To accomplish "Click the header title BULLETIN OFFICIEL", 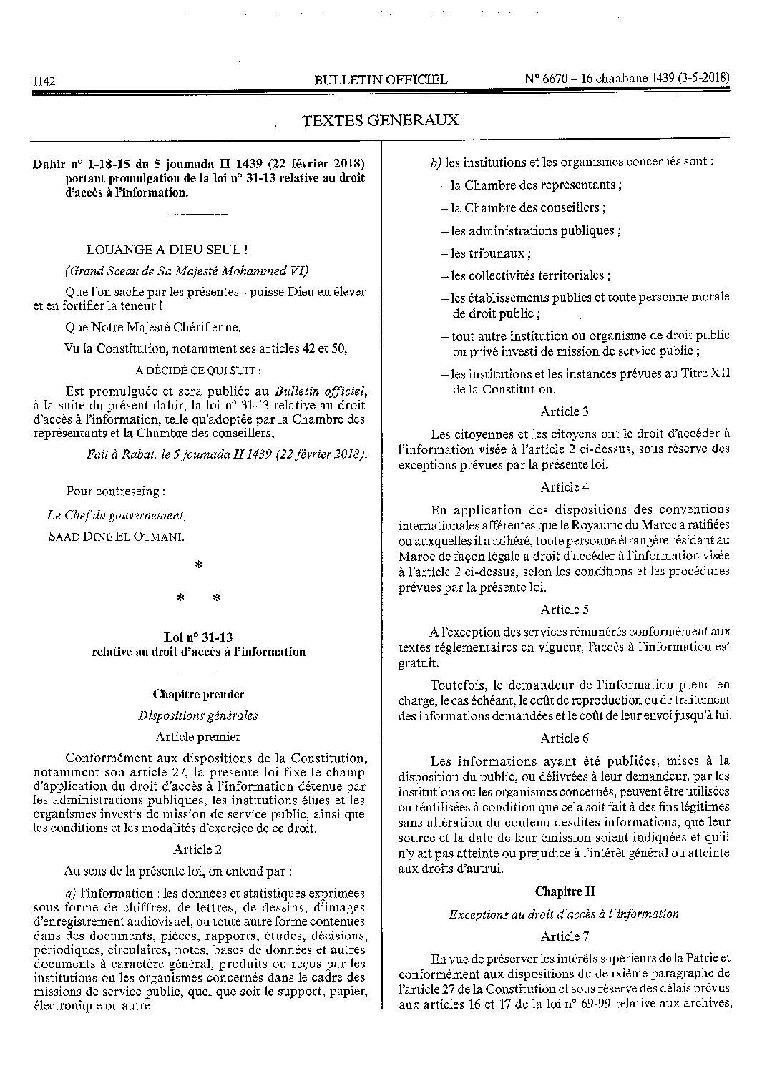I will click(x=381, y=79).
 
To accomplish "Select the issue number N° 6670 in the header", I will click(x=549, y=79).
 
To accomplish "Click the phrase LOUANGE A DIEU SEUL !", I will click(x=167, y=250).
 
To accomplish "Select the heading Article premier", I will click(x=197, y=736).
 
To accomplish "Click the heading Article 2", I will click(x=197, y=849).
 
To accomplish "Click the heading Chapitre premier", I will click(x=198, y=694).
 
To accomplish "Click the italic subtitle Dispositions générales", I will click(x=198, y=715).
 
